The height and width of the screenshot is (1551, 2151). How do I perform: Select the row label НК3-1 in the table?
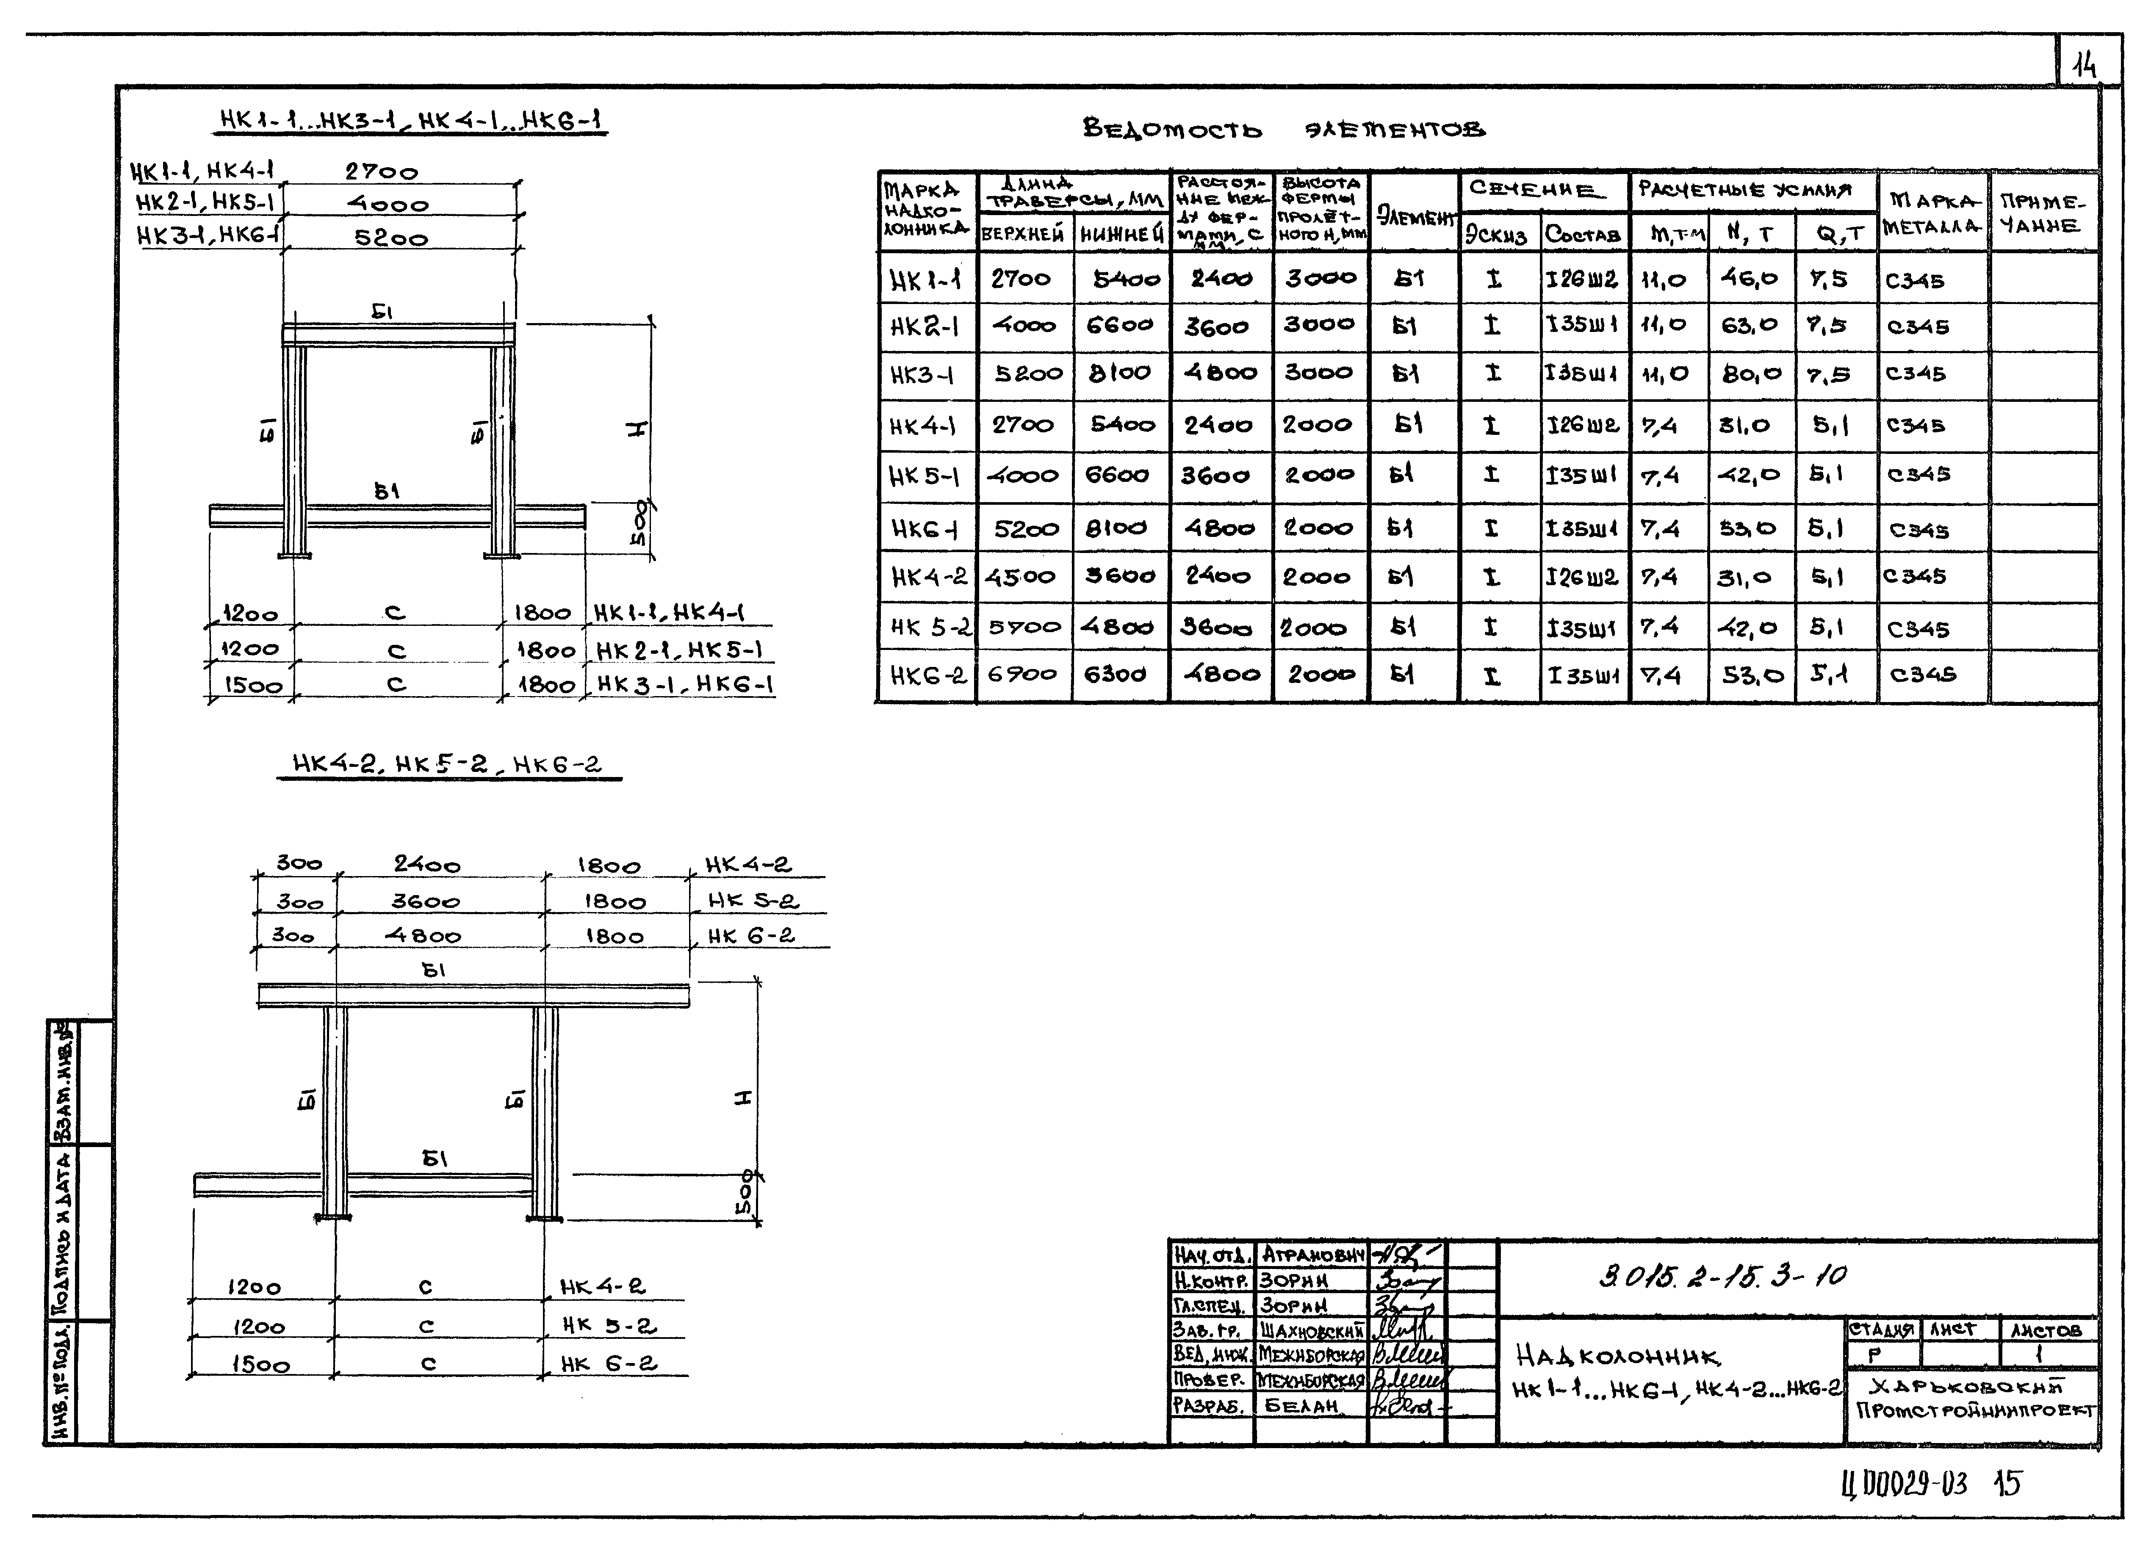(922, 376)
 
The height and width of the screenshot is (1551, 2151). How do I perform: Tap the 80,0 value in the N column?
(1750, 374)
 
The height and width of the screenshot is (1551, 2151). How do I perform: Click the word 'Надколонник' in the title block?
(1617, 1357)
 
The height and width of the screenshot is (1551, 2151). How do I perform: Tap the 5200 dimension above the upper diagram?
(391, 238)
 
